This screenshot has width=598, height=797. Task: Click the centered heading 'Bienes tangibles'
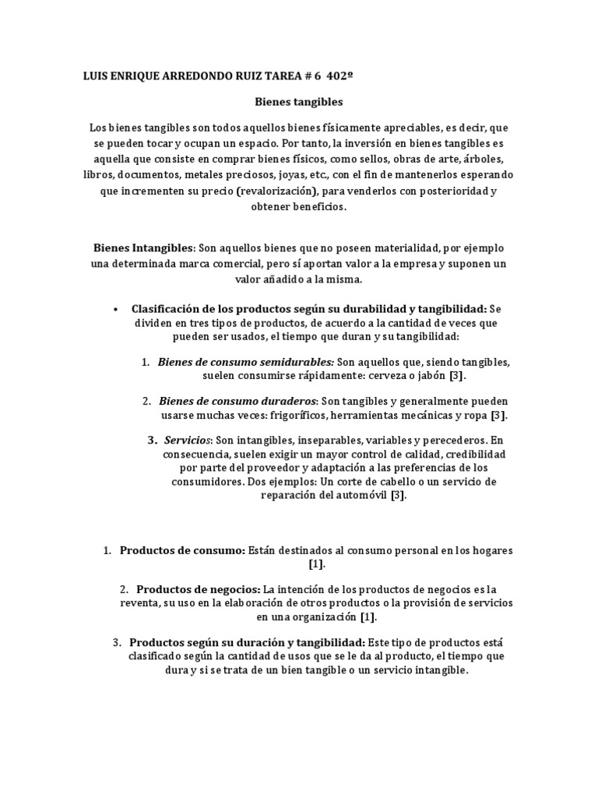pyautogui.click(x=299, y=101)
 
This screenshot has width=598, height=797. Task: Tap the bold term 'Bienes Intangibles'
pyautogui.click(x=143, y=248)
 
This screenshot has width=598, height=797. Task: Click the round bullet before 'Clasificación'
pyautogui.click(x=115, y=309)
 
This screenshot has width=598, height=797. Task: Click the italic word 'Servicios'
pyautogui.click(x=187, y=440)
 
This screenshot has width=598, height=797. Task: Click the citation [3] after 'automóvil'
pyautogui.click(x=398, y=496)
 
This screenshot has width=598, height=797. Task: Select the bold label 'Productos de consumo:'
pyautogui.click(x=182, y=550)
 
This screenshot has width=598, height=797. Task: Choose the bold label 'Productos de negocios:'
pyautogui.click(x=199, y=588)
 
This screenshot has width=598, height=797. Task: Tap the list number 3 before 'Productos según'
pyautogui.click(x=116, y=642)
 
